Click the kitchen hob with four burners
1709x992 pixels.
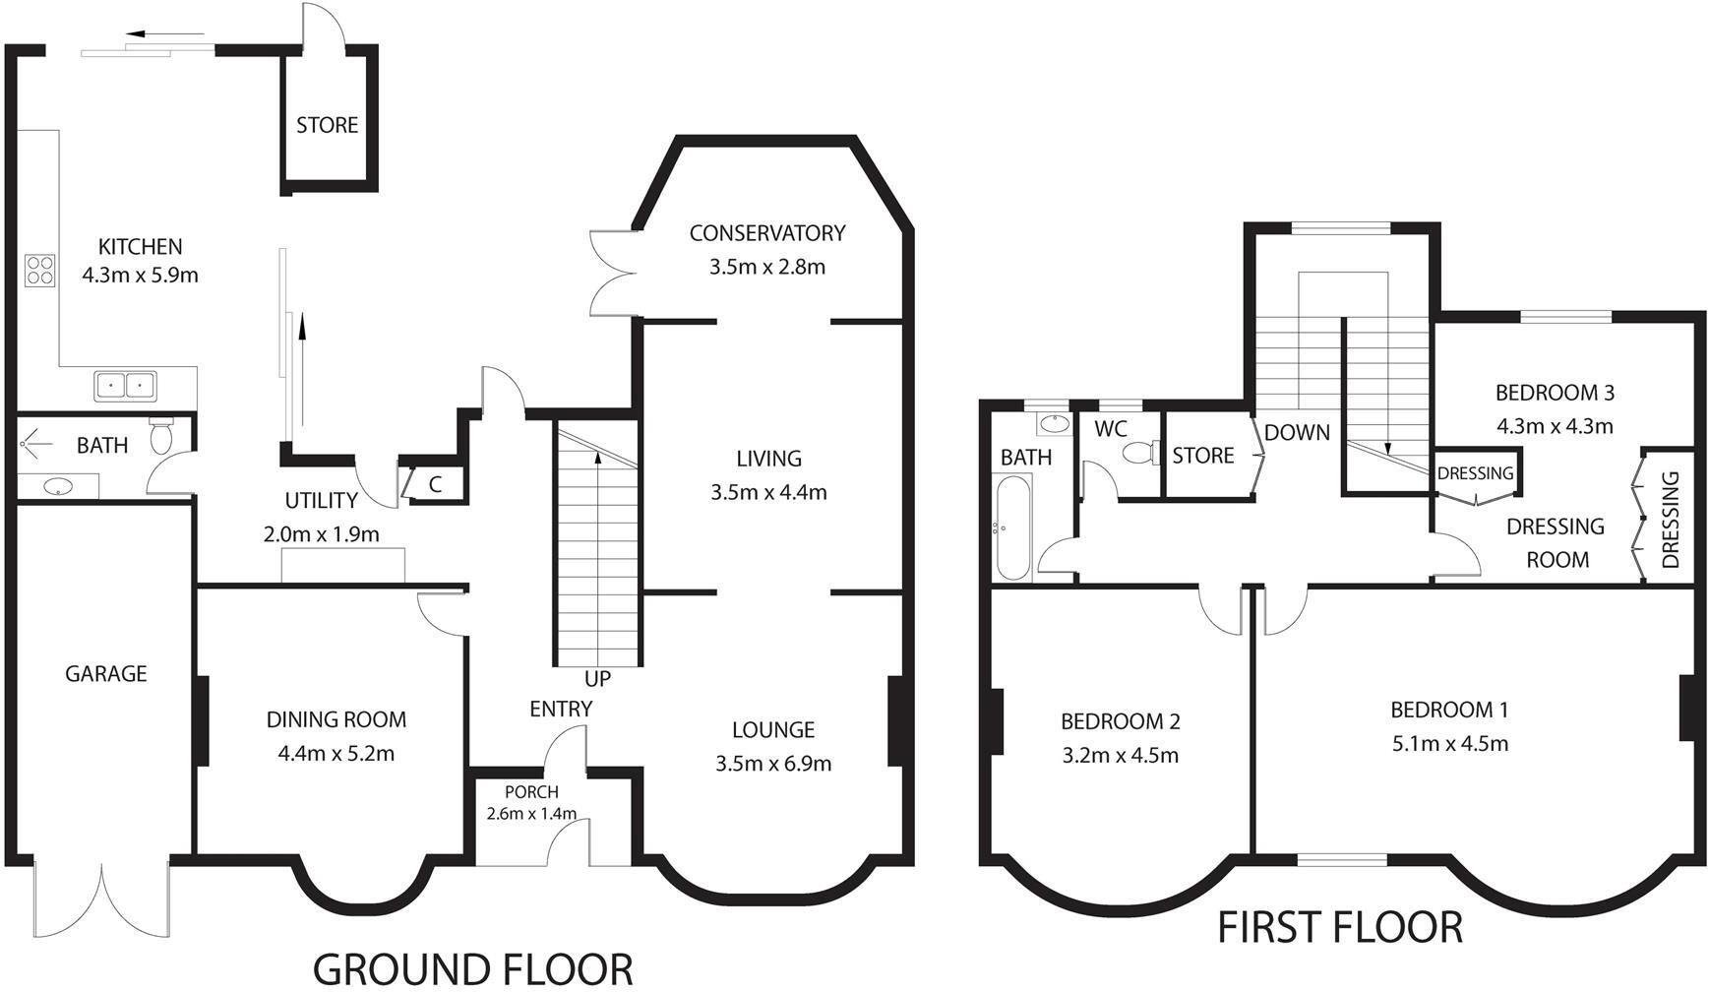coord(39,270)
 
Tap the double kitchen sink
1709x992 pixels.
coord(126,385)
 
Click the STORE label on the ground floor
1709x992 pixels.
coord(328,126)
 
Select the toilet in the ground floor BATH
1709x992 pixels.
coord(161,436)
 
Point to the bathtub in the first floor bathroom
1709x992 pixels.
coord(1013,528)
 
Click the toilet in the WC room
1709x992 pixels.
coord(1139,453)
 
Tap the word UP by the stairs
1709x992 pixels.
coord(597,679)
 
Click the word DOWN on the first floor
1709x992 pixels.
coord(1297,433)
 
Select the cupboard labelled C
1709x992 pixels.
coord(435,484)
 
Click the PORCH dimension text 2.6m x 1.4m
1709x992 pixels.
coord(531,814)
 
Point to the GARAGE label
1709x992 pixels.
coord(106,674)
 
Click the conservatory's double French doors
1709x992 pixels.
coord(610,273)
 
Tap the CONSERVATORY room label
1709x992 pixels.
coord(767,233)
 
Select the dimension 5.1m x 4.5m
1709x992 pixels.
coord(1449,744)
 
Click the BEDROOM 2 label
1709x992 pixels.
coord(1120,721)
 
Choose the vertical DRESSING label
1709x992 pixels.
coord(1670,520)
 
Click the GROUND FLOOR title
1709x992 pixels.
coord(472,968)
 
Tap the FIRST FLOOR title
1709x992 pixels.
coord(1340,927)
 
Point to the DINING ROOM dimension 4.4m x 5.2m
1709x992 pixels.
coord(336,754)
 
